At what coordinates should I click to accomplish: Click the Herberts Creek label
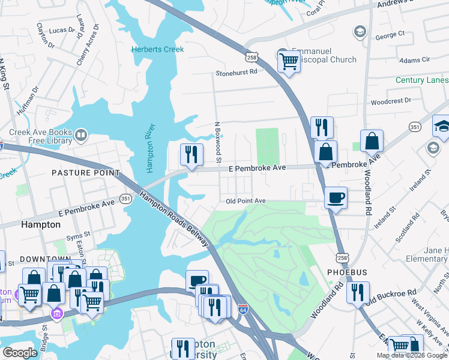(x=158, y=49)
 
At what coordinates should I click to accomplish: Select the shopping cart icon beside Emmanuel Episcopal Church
(x=289, y=61)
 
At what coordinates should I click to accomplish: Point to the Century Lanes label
(x=421, y=80)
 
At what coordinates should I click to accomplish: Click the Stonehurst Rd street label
(x=237, y=72)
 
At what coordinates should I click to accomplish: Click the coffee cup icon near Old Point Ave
(x=336, y=197)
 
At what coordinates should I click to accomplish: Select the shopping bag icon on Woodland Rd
(x=372, y=142)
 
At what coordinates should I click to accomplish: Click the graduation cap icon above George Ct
(x=360, y=31)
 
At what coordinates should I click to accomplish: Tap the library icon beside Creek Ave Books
(x=82, y=136)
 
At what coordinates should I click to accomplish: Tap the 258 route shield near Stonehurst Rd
(x=252, y=56)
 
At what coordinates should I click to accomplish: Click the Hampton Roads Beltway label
(x=174, y=218)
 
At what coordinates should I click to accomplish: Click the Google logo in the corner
(x=20, y=353)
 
